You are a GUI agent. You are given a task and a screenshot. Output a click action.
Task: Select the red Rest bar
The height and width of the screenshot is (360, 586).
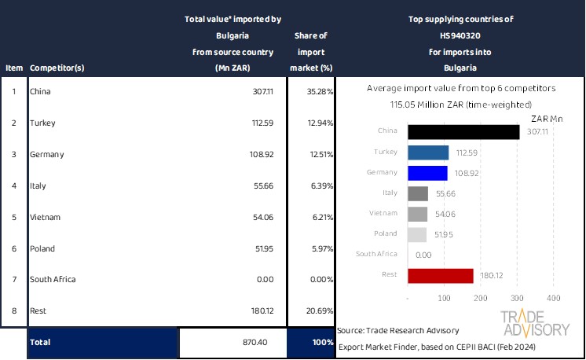tap(441, 275)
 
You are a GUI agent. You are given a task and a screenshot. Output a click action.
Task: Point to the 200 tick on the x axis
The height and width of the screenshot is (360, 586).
tap(481, 298)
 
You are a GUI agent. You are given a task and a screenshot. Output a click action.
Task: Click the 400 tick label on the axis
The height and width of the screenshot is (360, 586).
tap(552, 298)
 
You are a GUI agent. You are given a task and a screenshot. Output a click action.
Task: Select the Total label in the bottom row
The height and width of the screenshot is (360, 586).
tap(40, 343)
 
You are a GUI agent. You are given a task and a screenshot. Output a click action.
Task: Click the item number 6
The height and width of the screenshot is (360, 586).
tap(13, 248)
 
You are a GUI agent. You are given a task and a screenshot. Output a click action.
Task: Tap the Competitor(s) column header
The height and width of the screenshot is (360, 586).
tap(57, 68)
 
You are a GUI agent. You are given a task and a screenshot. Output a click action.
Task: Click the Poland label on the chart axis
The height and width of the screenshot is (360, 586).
tap(384, 234)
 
